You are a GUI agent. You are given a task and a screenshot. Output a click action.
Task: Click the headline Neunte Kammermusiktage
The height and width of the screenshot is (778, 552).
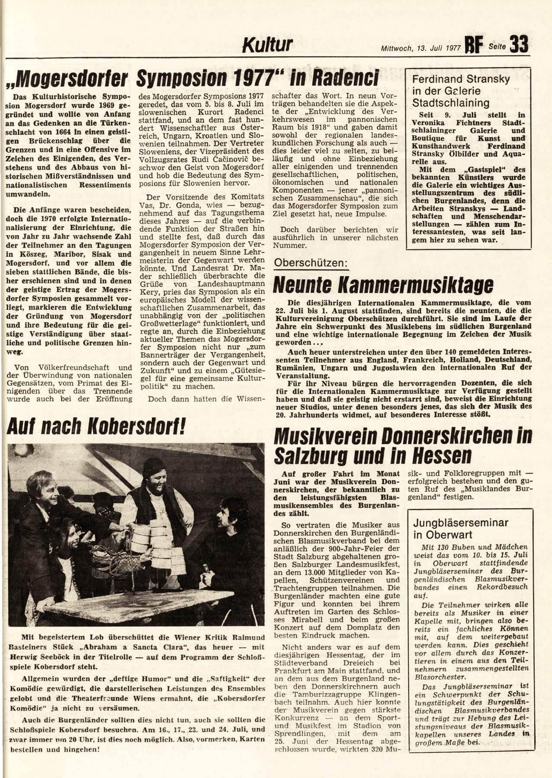click(383, 285)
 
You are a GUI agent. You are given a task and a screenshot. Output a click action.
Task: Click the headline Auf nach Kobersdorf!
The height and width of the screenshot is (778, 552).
click(96, 427)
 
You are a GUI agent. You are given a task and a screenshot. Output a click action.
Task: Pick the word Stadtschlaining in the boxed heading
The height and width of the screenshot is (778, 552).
click(451, 103)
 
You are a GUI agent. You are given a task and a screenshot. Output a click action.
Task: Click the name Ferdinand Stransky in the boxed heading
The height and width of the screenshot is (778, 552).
click(461, 80)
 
